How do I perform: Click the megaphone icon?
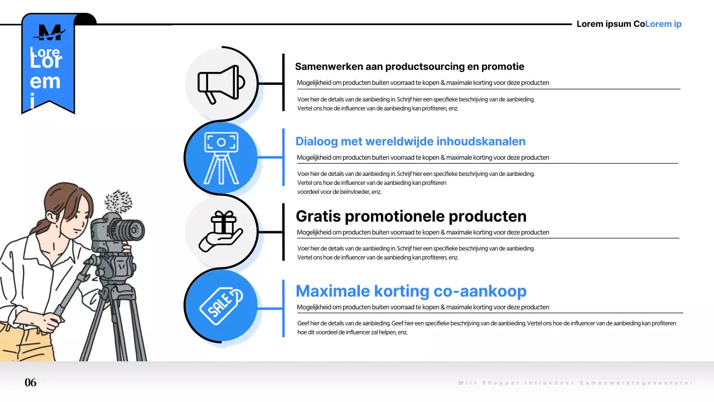click(221, 84)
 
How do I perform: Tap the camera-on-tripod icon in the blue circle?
click(221, 158)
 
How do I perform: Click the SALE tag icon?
click(221, 306)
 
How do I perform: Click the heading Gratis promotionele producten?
click(411, 216)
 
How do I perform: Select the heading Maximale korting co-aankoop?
click(411, 291)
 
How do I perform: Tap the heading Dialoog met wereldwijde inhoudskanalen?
click(410, 141)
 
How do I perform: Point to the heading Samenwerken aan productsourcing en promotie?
click(409, 66)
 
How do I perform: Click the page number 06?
click(31, 382)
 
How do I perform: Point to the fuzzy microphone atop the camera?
click(118, 200)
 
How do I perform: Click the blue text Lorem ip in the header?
click(663, 24)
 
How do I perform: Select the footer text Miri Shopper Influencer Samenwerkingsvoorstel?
click(575, 383)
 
